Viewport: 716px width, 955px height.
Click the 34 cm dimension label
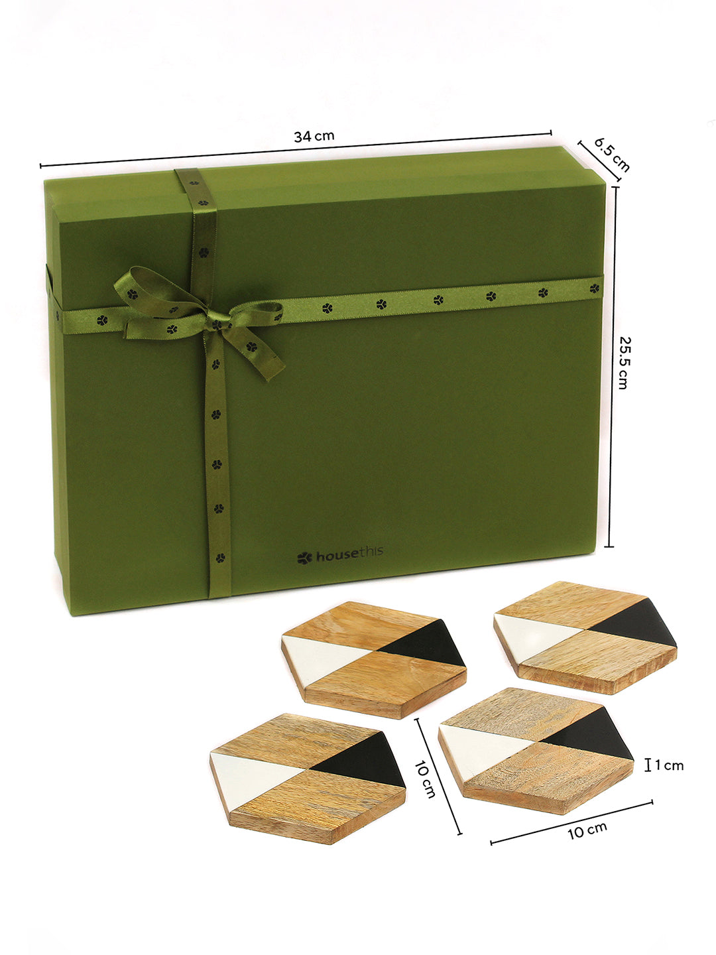(314, 136)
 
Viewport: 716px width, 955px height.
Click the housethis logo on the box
(340, 555)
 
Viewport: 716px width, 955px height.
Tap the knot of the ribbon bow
(215, 324)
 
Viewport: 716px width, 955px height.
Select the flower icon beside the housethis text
(304, 558)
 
